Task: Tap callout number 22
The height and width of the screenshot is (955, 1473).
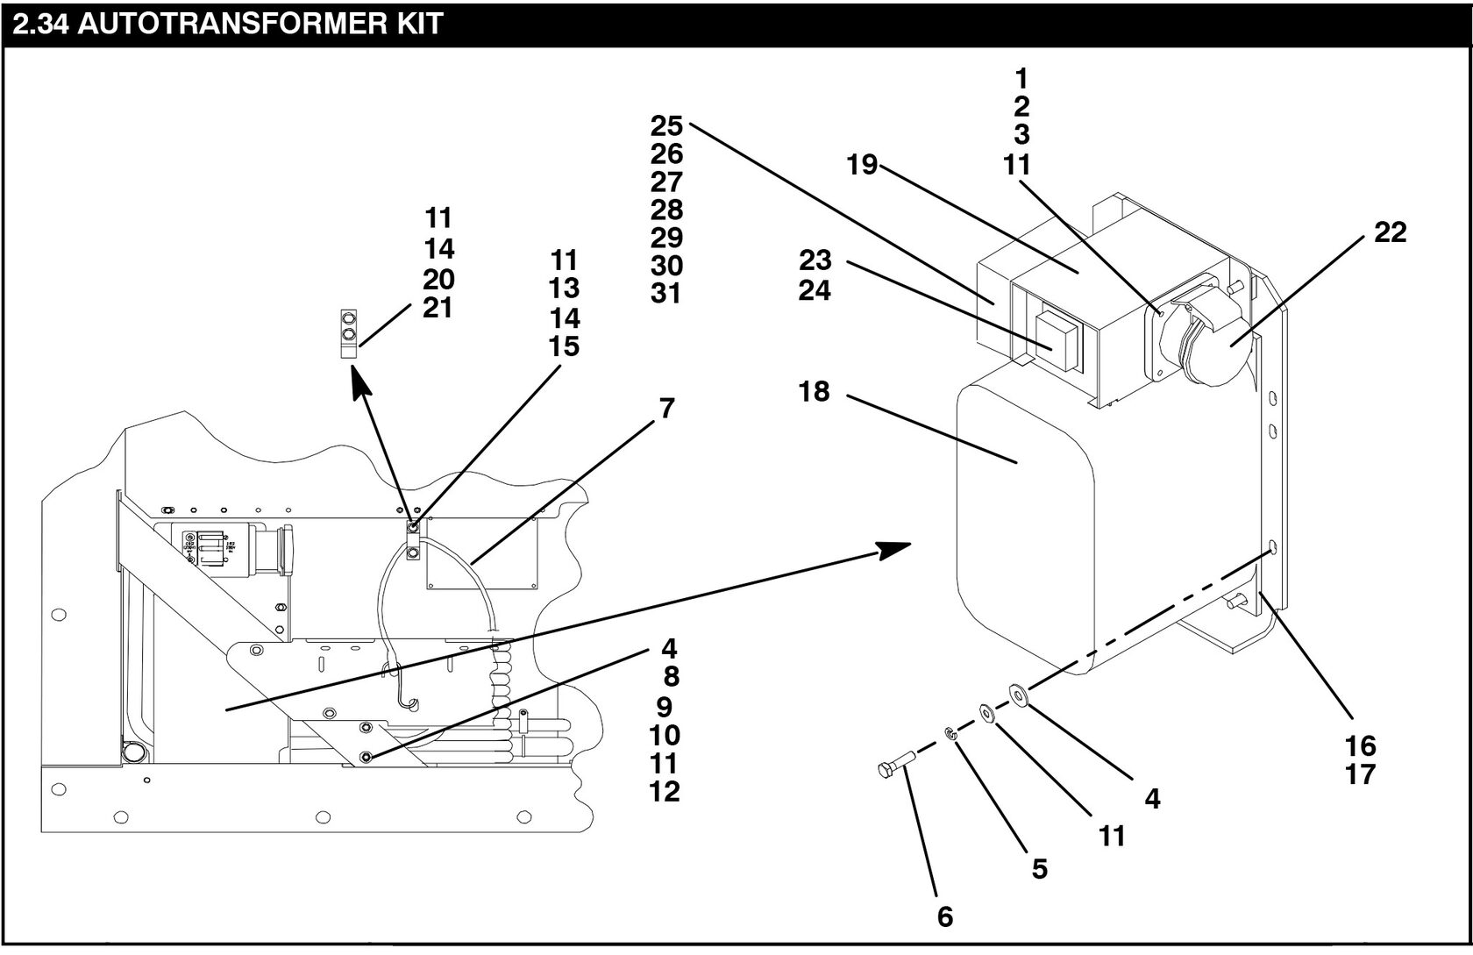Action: (x=1390, y=232)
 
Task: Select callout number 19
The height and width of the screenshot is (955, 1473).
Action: (x=862, y=165)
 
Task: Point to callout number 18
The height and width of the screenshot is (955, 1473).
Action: (x=814, y=391)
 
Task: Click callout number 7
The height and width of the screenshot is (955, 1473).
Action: (x=667, y=409)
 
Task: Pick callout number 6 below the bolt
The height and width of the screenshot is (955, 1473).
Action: (x=944, y=917)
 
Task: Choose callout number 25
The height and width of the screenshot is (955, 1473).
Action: (x=666, y=126)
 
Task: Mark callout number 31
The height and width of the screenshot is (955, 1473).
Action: (x=666, y=293)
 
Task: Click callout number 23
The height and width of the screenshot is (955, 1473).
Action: (x=815, y=260)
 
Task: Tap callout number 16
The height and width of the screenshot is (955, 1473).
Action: (x=1360, y=746)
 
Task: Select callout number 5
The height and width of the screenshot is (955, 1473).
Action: (x=1039, y=869)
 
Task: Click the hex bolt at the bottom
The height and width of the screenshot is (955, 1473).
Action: (x=894, y=766)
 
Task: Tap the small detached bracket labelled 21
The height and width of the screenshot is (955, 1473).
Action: (x=348, y=333)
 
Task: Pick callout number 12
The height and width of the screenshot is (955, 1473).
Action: (x=665, y=791)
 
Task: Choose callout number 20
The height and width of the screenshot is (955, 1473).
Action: (x=438, y=280)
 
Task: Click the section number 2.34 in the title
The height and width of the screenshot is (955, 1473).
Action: (x=39, y=23)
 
